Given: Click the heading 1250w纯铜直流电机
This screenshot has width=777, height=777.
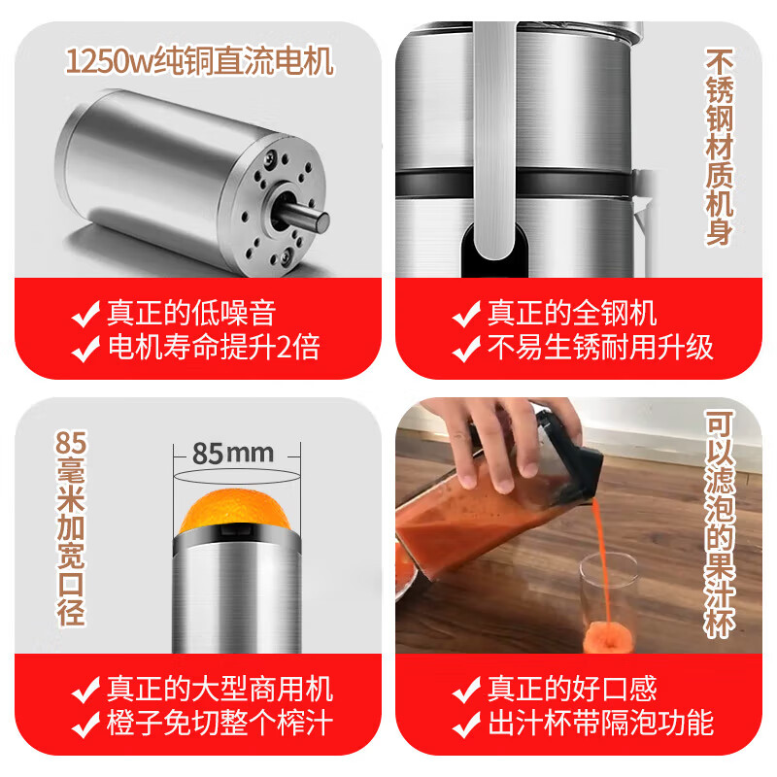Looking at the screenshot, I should click(x=199, y=62).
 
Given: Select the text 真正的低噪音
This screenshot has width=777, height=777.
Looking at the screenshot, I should click(x=191, y=313).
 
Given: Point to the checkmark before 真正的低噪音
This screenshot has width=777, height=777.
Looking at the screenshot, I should click(x=87, y=314).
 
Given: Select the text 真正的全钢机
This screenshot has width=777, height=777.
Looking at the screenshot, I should click(x=571, y=313).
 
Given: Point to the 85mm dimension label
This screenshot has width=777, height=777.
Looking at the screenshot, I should click(x=233, y=454).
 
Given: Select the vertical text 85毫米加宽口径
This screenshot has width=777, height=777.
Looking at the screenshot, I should click(x=72, y=529).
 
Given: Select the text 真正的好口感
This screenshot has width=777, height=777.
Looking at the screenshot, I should click(x=571, y=689).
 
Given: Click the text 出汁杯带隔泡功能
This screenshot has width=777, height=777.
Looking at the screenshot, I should click(x=600, y=724).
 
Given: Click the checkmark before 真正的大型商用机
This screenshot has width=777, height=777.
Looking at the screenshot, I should click(x=87, y=690).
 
